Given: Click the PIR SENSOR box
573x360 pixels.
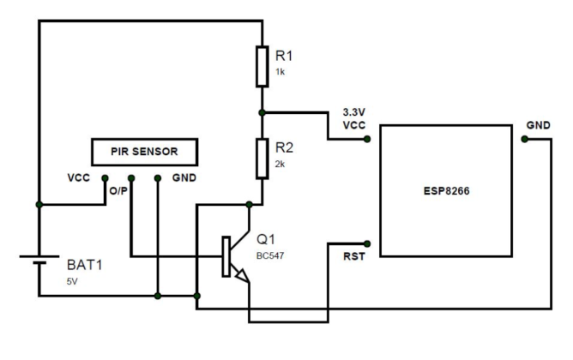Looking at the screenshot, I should [145, 153].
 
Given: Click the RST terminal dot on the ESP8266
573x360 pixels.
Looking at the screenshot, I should [367, 243].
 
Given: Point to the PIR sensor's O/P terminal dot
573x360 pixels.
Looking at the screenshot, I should [130, 179].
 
